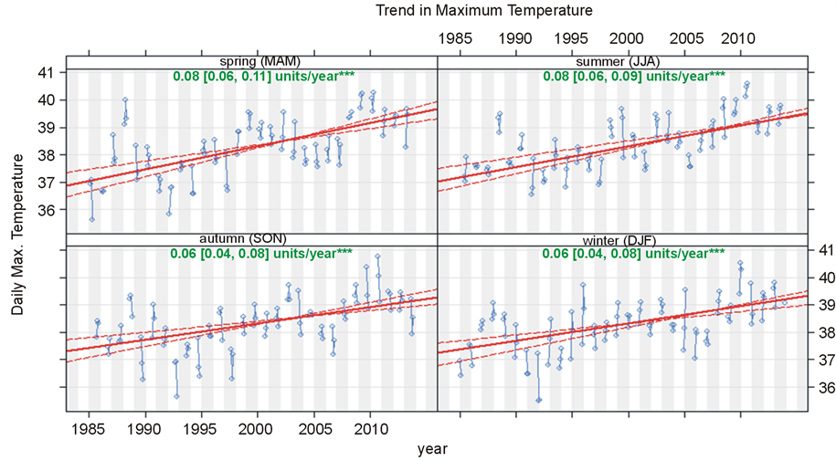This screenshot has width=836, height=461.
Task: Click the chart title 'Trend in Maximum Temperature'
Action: click(471, 11)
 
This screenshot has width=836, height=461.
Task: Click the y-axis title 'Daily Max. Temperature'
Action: click(17, 234)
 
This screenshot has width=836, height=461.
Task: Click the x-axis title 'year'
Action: click(432, 448)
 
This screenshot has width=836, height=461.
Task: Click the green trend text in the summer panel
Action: click(634, 76)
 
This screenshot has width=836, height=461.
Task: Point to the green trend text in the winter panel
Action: click(634, 253)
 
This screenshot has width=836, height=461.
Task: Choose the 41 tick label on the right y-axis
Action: click(826, 249)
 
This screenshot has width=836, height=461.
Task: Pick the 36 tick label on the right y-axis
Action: click(826, 388)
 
